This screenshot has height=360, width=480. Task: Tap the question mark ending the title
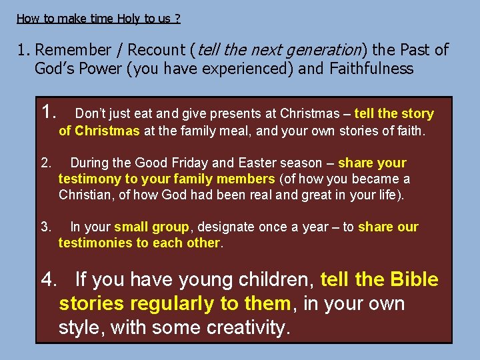click(x=177, y=19)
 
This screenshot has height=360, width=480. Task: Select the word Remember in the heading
click(x=73, y=50)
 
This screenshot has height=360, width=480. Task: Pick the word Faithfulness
click(x=371, y=69)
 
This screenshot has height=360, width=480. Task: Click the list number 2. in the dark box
click(x=46, y=163)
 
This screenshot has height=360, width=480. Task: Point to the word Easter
click(x=257, y=163)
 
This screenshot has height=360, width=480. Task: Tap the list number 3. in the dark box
click(x=46, y=227)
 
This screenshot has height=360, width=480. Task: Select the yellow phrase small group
click(x=151, y=227)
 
